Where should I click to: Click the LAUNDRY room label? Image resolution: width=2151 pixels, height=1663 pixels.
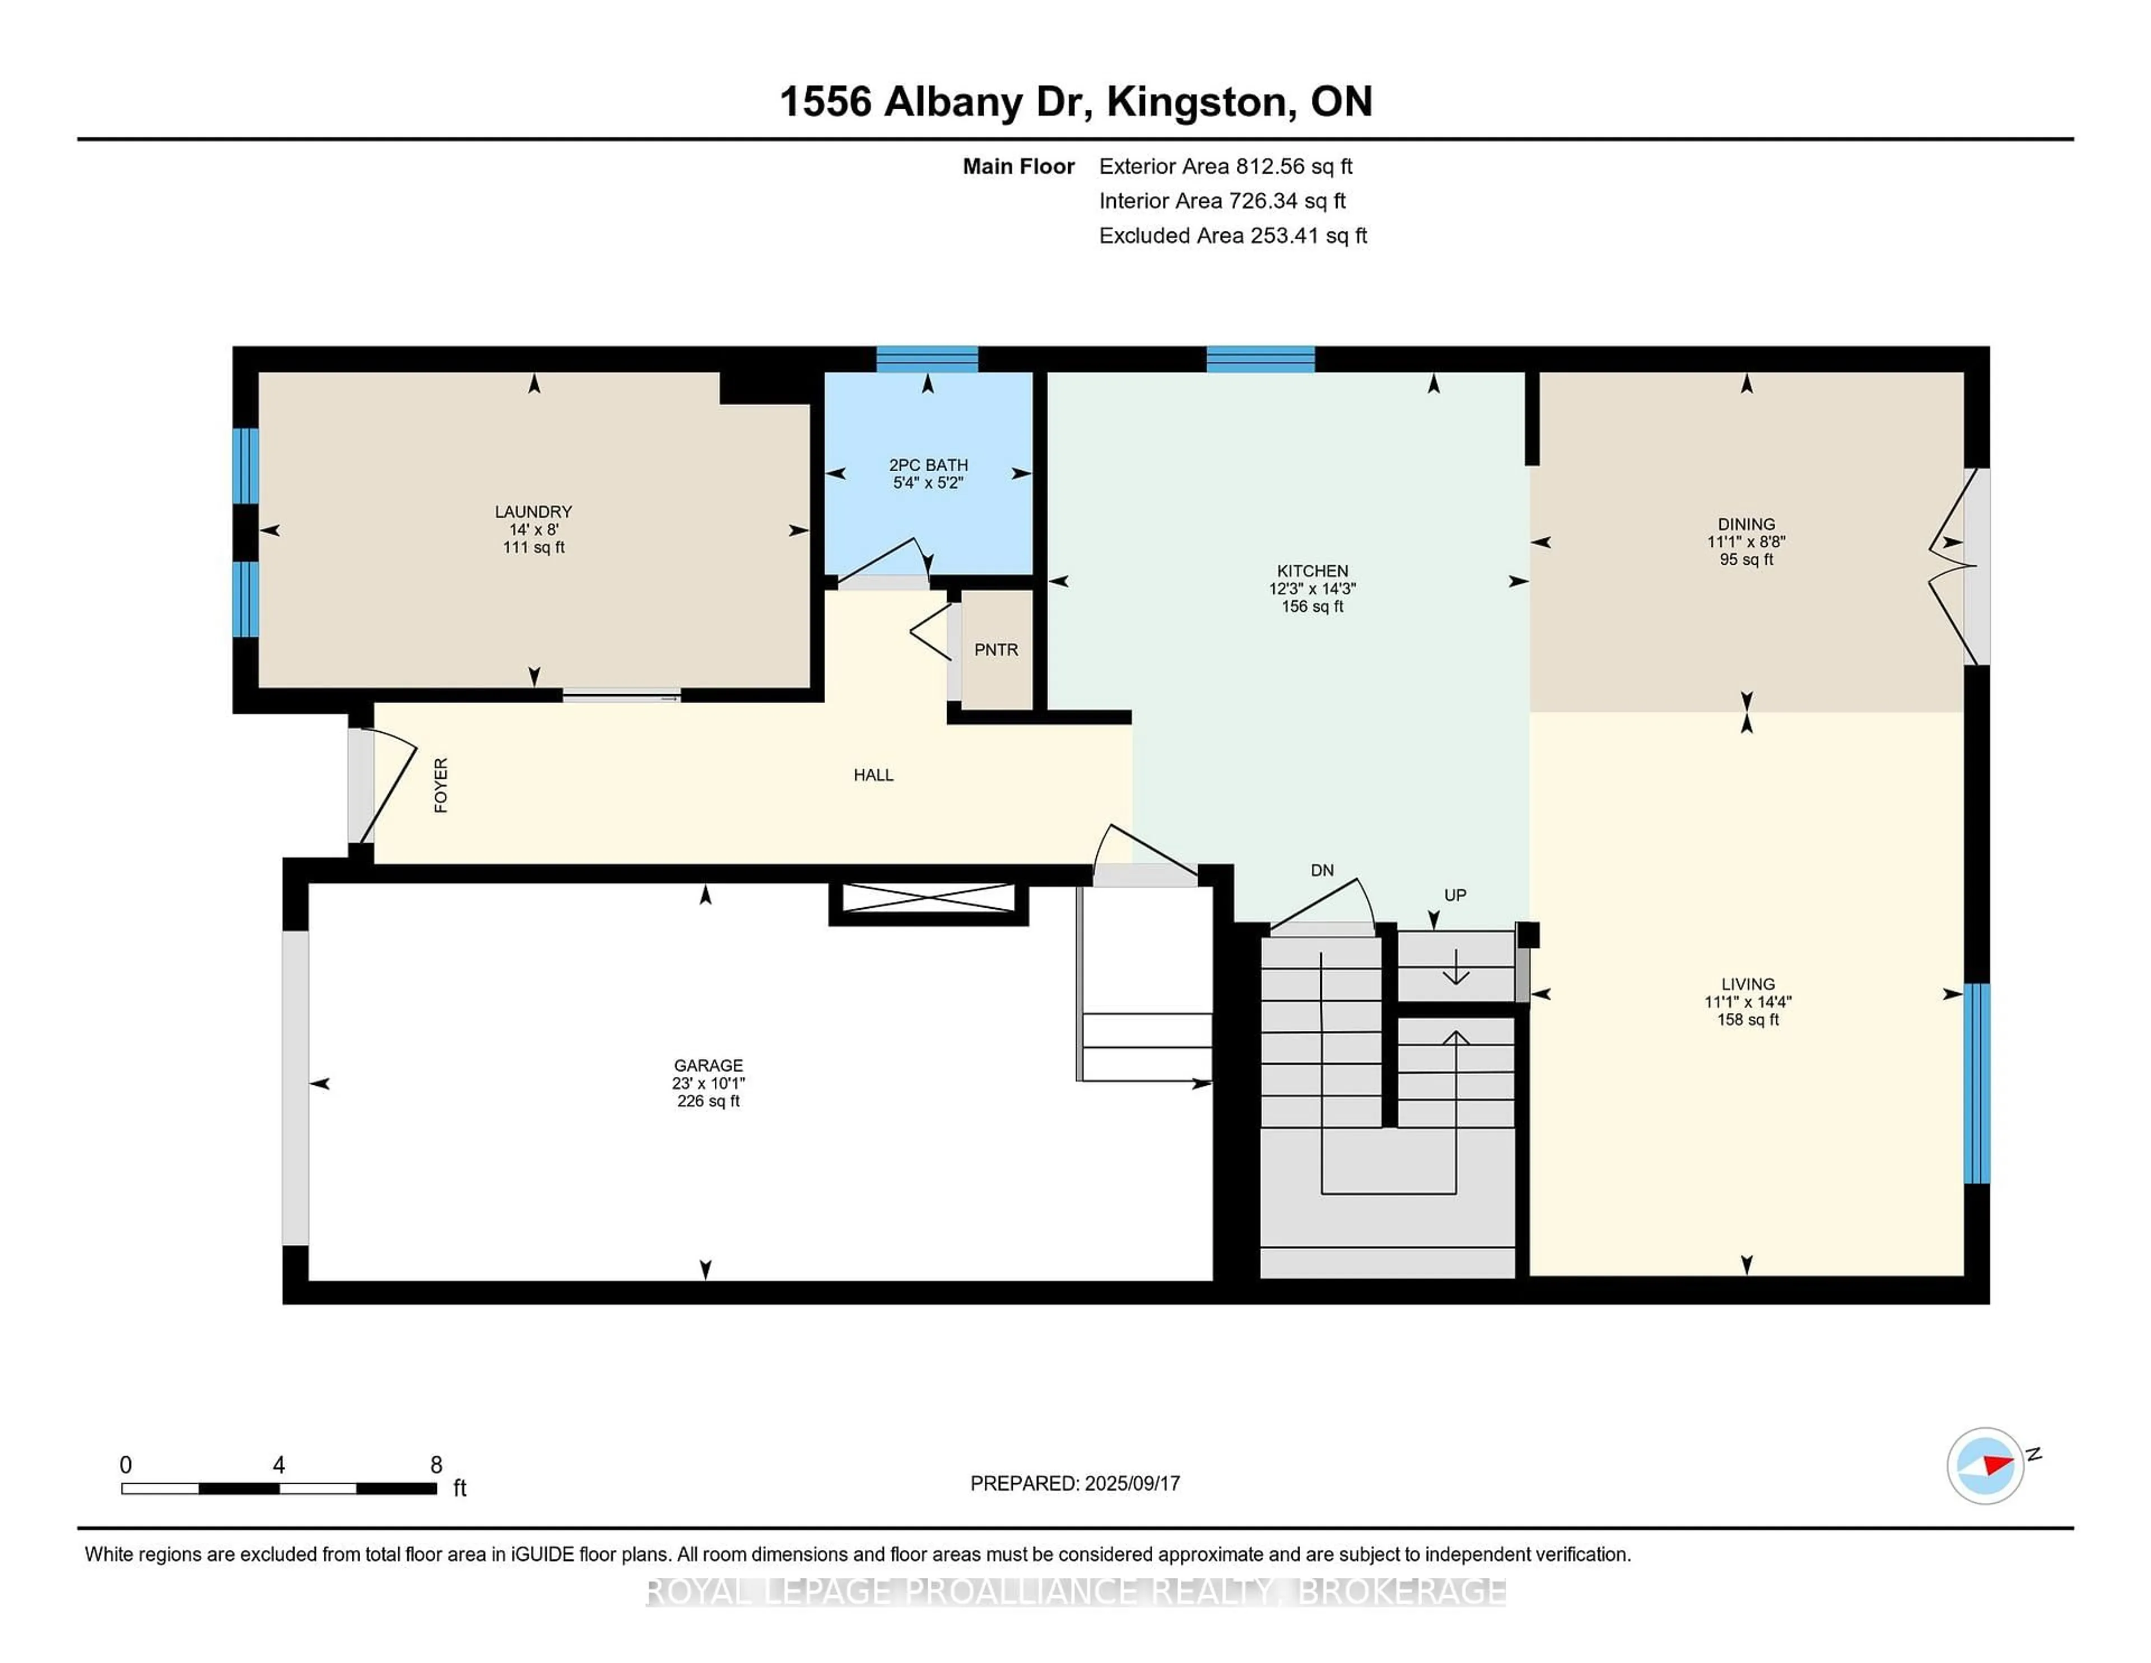(x=533, y=512)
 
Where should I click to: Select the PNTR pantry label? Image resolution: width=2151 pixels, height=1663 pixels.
(x=996, y=650)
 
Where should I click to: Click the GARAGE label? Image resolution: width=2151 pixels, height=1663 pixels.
(x=708, y=1065)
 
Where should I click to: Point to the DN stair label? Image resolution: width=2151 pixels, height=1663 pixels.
(x=1322, y=870)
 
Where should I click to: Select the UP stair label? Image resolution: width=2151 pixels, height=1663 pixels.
(x=1455, y=895)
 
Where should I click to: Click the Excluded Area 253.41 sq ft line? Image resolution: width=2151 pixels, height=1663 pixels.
(x=1232, y=235)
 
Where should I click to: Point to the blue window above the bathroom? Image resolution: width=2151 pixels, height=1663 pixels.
(x=927, y=359)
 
